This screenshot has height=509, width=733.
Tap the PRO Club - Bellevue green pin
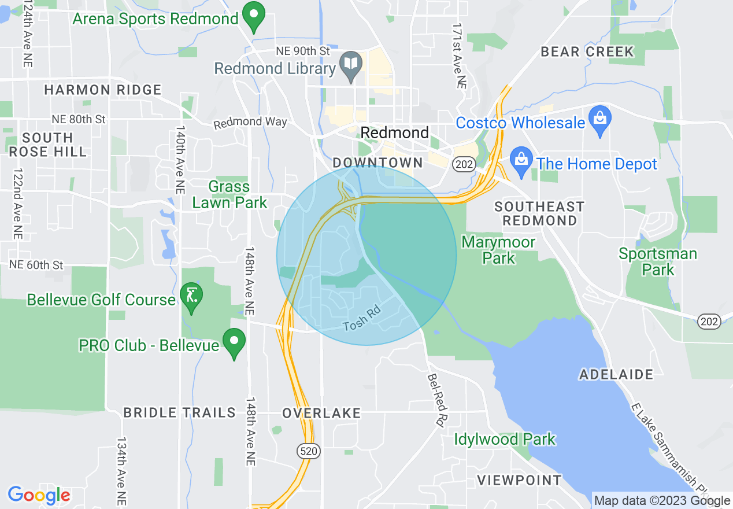coord(234,342)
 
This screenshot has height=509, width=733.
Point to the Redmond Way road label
coord(250,123)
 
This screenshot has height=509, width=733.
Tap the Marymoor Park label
coord(498,249)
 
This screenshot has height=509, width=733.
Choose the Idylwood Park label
coord(505,440)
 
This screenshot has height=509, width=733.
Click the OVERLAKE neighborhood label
coord(321,413)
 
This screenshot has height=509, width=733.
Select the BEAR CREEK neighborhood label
coord(587,51)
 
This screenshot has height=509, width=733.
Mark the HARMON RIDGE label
coord(103,90)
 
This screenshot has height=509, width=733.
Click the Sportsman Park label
coord(658,261)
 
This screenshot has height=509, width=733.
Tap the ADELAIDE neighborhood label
coord(616,374)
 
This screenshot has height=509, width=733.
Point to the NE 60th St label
coord(36,265)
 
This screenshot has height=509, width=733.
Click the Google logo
coord(39,495)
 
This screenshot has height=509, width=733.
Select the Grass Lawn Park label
coord(229,194)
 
